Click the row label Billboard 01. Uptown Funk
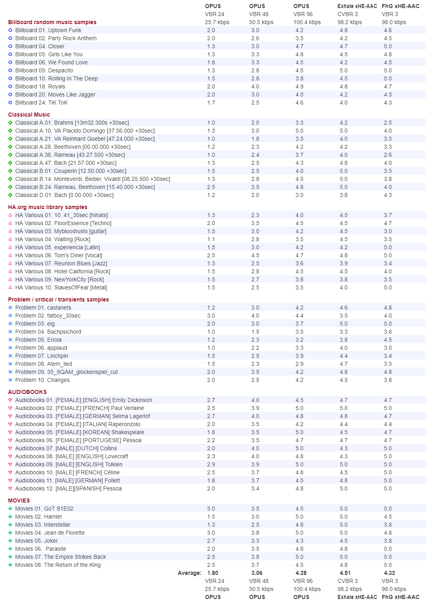[48, 30]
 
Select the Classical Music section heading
[29, 115]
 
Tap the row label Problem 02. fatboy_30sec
[48, 316]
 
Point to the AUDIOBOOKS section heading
[27, 392]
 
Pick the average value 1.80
[213, 573]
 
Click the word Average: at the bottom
[190, 573]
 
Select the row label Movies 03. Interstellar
[43, 525]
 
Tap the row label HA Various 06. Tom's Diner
[59, 255]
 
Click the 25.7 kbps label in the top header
[217, 22]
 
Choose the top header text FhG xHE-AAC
[400, 6]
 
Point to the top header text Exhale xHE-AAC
[357, 6]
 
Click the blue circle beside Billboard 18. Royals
[10, 86]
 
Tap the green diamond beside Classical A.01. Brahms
[10, 123]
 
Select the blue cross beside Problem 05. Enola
[10, 340]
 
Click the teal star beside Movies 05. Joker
[10, 541]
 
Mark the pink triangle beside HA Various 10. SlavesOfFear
[10, 287]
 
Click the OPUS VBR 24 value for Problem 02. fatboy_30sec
[211, 316]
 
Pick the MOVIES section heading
[19, 500]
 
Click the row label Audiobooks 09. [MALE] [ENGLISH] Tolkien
[69, 464]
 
